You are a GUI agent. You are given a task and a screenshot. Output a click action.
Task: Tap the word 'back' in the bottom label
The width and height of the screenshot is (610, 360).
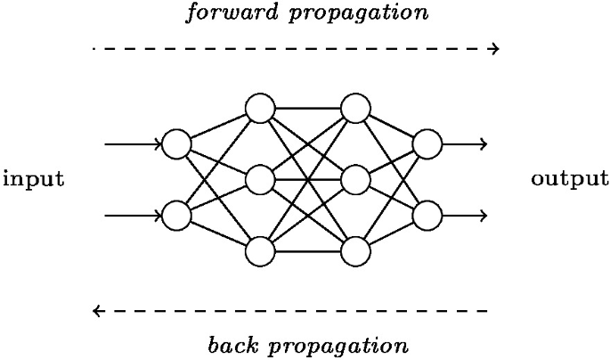tap(232, 345)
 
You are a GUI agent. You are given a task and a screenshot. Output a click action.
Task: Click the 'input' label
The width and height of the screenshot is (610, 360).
tap(34, 179)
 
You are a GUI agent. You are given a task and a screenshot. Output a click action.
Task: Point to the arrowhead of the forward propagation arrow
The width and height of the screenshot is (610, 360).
tap(495, 48)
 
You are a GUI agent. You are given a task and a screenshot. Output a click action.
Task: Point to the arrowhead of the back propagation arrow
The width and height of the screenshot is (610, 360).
tap(97, 311)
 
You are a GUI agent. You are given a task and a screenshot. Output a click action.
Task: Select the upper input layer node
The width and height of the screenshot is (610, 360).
tap(176, 143)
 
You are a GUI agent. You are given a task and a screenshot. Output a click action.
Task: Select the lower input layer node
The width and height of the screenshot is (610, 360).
tap(176, 216)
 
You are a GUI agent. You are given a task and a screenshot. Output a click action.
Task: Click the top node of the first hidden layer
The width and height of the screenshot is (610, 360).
tap(259, 109)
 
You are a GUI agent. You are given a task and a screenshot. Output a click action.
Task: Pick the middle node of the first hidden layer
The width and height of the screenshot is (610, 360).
tap(259, 180)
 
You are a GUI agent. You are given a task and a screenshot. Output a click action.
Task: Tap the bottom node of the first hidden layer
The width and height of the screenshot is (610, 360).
tap(259, 251)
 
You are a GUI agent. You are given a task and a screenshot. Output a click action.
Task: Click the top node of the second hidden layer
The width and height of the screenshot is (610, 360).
tap(355, 109)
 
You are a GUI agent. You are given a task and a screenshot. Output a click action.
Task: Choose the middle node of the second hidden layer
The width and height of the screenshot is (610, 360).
tap(355, 180)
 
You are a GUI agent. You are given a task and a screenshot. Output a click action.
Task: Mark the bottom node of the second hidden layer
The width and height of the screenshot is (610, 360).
tap(355, 251)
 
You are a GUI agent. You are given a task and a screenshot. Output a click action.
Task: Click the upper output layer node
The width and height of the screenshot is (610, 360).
tap(427, 143)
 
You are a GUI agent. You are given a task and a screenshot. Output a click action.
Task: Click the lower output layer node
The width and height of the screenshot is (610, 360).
tap(427, 216)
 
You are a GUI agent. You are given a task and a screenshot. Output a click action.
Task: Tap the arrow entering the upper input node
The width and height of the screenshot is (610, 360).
tap(134, 143)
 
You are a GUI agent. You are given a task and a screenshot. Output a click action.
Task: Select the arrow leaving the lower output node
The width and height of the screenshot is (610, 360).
tap(465, 216)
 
